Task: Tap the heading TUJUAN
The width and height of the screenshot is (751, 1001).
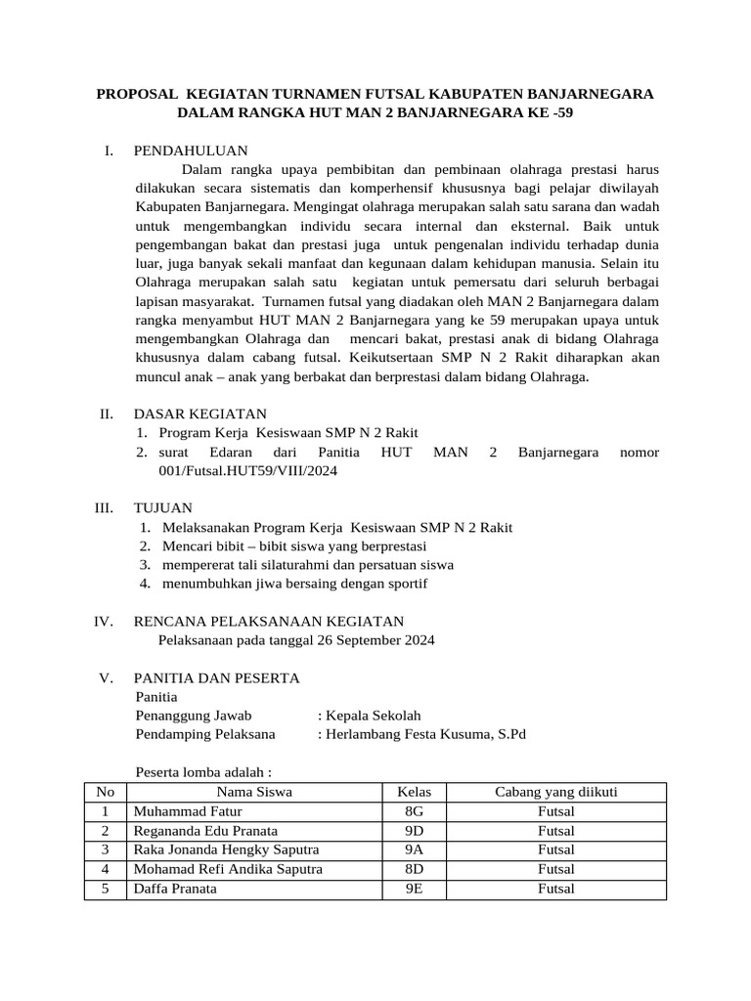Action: pos(162,508)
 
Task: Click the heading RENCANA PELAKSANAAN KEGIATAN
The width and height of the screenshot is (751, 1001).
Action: pos(268,622)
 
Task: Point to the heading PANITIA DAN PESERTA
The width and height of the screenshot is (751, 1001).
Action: pos(216,678)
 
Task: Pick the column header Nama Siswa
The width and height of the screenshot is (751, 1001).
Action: pos(254,792)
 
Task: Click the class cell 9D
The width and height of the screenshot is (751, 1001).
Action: pos(414,831)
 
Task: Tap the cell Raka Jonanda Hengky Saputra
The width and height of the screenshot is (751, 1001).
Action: pos(226,849)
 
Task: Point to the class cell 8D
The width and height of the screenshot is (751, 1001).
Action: pos(414,869)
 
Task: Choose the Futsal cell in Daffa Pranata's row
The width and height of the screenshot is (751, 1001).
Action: pos(555,889)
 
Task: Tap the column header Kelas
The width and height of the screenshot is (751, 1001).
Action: pos(414,792)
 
